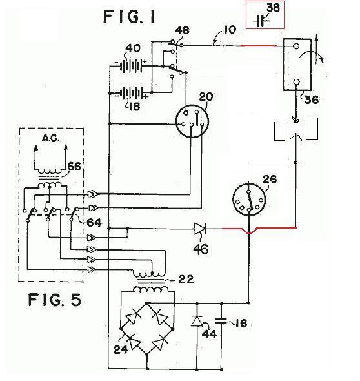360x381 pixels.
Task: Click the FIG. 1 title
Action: pyautogui.click(x=129, y=17)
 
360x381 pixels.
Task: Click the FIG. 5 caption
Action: pyautogui.click(x=54, y=300)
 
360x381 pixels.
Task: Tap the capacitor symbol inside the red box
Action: pyautogui.click(x=261, y=21)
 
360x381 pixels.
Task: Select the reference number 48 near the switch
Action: pyautogui.click(x=183, y=30)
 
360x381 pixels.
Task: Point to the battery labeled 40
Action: pyautogui.click(x=131, y=65)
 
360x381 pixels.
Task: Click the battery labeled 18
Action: pyautogui.click(x=132, y=93)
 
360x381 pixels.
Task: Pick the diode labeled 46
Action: pyautogui.click(x=200, y=229)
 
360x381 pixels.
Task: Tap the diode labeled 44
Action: pyautogui.click(x=197, y=321)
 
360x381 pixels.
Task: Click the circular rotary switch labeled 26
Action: pyautogui.click(x=249, y=200)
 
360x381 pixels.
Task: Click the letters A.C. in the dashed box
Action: pyautogui.click(x=50, y=138)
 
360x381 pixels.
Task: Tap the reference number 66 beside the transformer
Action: pyautogui.click(x=74, y=167)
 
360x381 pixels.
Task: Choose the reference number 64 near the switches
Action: pyautogui.click(x=94, y=223)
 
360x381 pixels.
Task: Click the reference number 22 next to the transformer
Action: pyautogui.click(x=186, y=280)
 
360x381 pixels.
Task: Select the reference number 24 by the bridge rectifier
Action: pyautogui.click(x=121, y=349)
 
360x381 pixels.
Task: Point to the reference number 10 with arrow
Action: pyautogui.click(x=229, y=30)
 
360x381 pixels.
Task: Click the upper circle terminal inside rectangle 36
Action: pyautogui.click(x=296, y=46)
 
